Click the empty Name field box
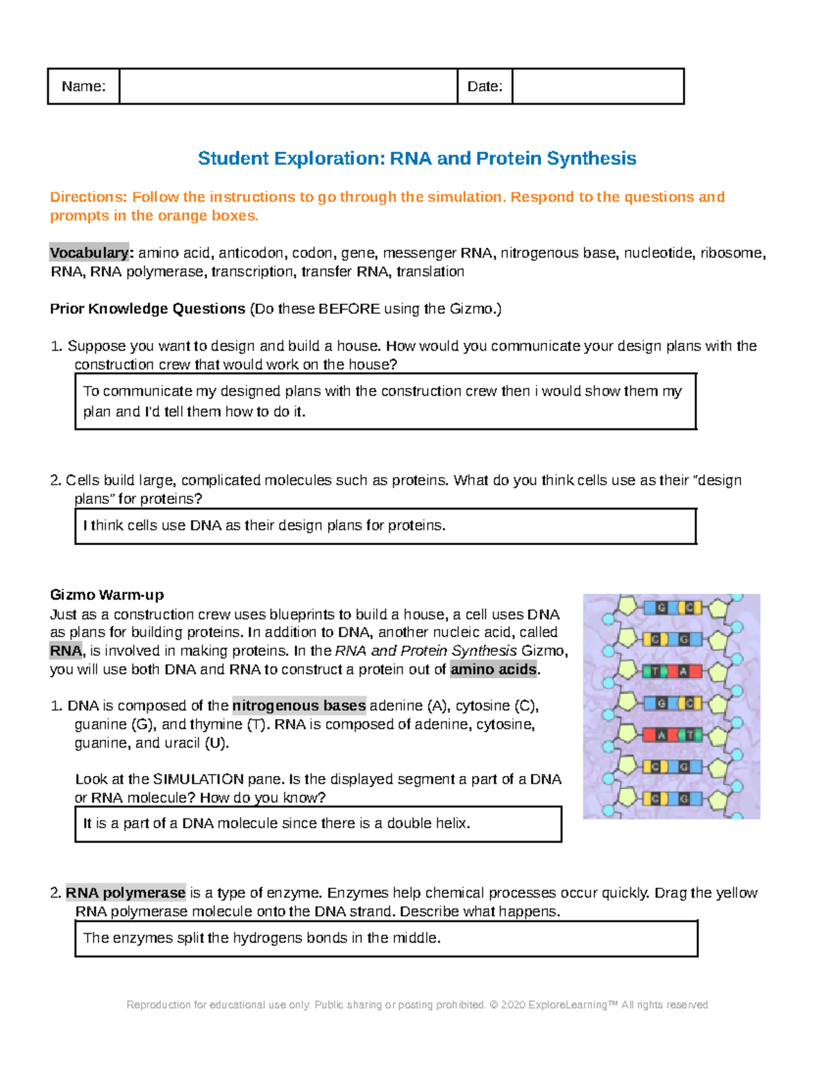288,86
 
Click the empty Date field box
598,86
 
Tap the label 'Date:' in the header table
485,86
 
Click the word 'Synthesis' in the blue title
591,158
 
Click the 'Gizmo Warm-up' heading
107,595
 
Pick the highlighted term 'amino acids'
494,669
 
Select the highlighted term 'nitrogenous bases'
298,706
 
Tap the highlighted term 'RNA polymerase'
126,893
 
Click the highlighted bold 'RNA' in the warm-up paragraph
66,651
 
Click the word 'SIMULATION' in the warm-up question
198,780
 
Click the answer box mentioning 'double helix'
318,824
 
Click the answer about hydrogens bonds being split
386,938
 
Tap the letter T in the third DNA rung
655,671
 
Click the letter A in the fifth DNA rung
662,735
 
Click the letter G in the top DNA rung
662,608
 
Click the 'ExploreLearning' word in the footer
567,1004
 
